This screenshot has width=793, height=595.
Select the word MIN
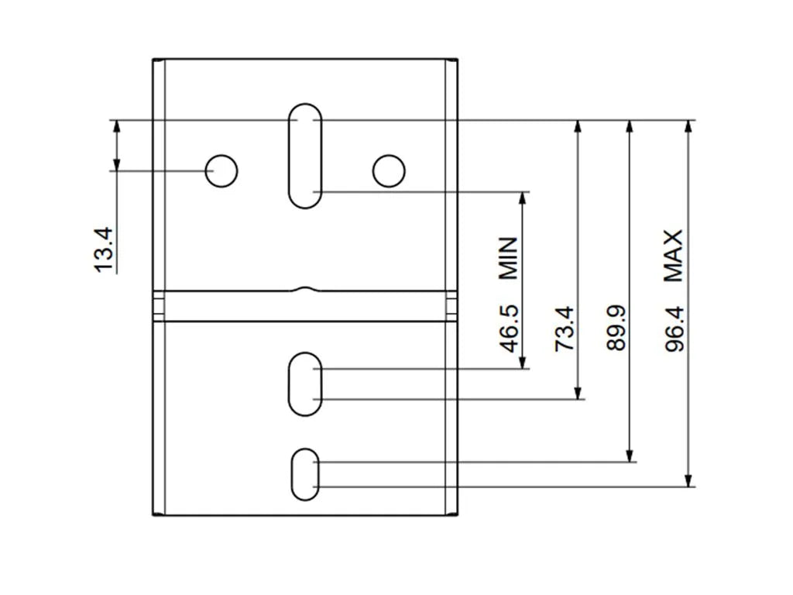[x=508, y=257]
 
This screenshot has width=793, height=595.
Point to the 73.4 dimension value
[x=565, y=328]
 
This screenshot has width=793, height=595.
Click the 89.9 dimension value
[x=616, y=327]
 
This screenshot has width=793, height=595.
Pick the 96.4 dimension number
[x=675, y=327]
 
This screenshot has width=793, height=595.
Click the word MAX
[x=674, y=255]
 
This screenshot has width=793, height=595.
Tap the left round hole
[x=221, y=170]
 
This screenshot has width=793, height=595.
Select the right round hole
[x=388, y=170]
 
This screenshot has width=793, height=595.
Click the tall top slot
[x=305, y=155]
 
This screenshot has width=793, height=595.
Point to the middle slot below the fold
[x=305, y=383]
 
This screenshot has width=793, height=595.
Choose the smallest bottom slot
[x=305, y=473]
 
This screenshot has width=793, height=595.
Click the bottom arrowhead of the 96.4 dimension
[x=688, y=480]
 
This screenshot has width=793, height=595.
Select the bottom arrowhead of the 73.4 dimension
[x=578, y=393]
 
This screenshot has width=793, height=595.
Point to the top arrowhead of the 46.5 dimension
[x=523, y=198]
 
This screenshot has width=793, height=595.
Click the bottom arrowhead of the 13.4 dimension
[x=117, y=164]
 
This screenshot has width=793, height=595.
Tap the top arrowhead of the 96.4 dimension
[x=688, y=127]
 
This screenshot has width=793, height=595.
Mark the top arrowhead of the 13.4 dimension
[x=117, y=126]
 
